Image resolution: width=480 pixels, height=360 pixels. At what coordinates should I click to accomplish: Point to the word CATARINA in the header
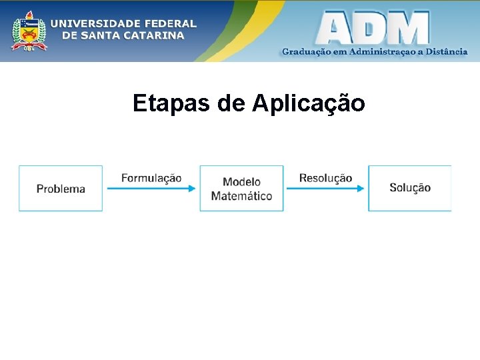pos(153,35)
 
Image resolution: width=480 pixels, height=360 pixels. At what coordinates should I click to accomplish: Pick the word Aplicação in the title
pos(309,103)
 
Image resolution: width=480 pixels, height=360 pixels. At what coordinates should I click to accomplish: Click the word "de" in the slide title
pos(231,103)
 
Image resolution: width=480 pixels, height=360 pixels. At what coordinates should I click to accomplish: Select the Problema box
pos(61,189)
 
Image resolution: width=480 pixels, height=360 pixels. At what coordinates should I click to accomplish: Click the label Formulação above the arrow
pos(151,178)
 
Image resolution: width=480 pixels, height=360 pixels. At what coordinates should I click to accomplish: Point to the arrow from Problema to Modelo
pos(151,189)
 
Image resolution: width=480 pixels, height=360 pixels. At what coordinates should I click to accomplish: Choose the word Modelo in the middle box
pos(241,181)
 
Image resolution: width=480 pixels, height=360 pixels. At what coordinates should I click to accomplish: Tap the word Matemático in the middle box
pos(241,196)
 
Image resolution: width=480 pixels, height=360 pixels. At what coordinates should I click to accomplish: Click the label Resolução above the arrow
pos(325,178)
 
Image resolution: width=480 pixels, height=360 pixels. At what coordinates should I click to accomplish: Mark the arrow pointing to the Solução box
pos(325,189)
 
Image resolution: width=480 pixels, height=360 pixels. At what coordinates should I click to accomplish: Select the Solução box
pos(409,189)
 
